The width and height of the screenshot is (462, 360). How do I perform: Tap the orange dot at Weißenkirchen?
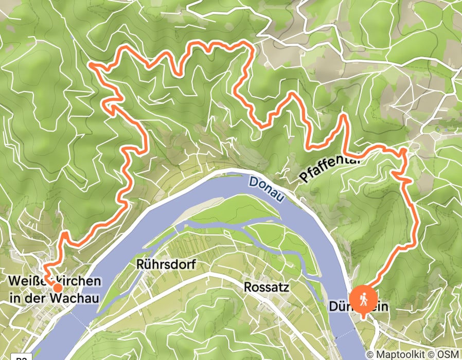click(x=57, y=287)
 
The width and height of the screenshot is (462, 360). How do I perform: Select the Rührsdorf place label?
click(x=159, y=264)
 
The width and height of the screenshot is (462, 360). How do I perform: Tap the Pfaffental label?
click(x=329, y=168)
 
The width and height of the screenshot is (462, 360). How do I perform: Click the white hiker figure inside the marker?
click(x=363, y=299)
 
